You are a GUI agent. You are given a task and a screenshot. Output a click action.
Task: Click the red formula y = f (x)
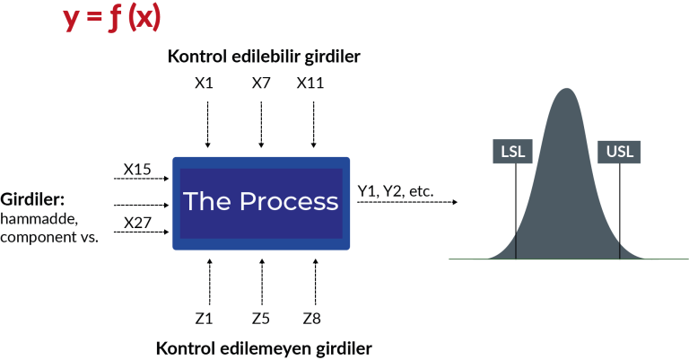[x=112, y=18]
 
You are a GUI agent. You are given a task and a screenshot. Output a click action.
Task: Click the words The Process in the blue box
[x=261, y=202]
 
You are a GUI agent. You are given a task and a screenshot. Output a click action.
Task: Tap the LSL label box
[x=513, y=152]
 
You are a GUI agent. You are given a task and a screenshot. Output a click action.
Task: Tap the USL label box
[x=619, y=152]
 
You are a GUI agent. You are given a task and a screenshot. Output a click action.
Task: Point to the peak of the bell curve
[x=566, y=89]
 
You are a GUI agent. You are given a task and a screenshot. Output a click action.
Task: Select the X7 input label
[x=261, y=83]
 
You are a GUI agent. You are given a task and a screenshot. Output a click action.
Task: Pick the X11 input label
[x=310, y=83]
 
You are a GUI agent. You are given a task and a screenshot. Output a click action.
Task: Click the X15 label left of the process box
[x=138, y=168]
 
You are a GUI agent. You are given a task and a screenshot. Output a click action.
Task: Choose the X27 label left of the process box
[x=138, y=222]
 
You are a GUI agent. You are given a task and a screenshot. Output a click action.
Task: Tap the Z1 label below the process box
[x=205, y=317]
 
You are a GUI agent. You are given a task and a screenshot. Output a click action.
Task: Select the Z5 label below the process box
[x=261, y=317]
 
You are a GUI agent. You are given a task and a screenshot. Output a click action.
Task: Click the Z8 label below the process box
[x=311, y=317]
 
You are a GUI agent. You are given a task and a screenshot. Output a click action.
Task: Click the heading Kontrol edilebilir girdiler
[x=263, y=57]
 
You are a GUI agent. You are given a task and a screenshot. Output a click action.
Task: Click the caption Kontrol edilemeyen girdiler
[x=263, y=347]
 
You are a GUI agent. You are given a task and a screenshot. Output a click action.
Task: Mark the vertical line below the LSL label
[x=516, y=211]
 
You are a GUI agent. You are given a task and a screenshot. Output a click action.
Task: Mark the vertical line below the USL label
[x=620, y=211]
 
